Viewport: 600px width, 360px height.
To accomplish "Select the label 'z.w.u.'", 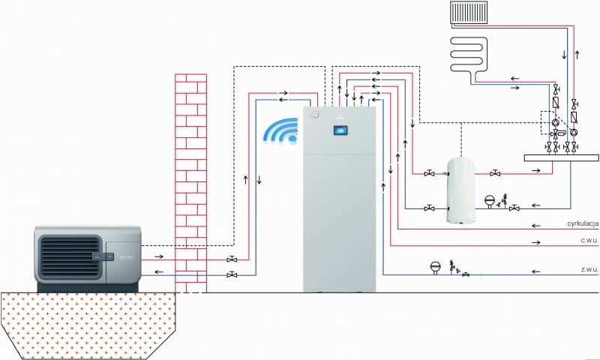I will pos(586,268).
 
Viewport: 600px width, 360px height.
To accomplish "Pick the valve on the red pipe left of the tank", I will pos(429,173).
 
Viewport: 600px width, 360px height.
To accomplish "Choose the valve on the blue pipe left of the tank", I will pos(429,208).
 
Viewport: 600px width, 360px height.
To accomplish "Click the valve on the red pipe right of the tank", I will pos(495,173).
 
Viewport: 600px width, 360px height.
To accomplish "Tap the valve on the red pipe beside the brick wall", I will pos(232,259).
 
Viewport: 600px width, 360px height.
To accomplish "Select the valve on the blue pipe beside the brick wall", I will pos(232,275).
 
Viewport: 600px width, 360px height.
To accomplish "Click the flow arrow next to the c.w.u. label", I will pos(535,242).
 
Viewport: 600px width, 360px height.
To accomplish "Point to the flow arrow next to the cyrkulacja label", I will pos(535,224).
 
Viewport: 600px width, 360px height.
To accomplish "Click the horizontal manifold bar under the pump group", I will pos(561,157).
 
